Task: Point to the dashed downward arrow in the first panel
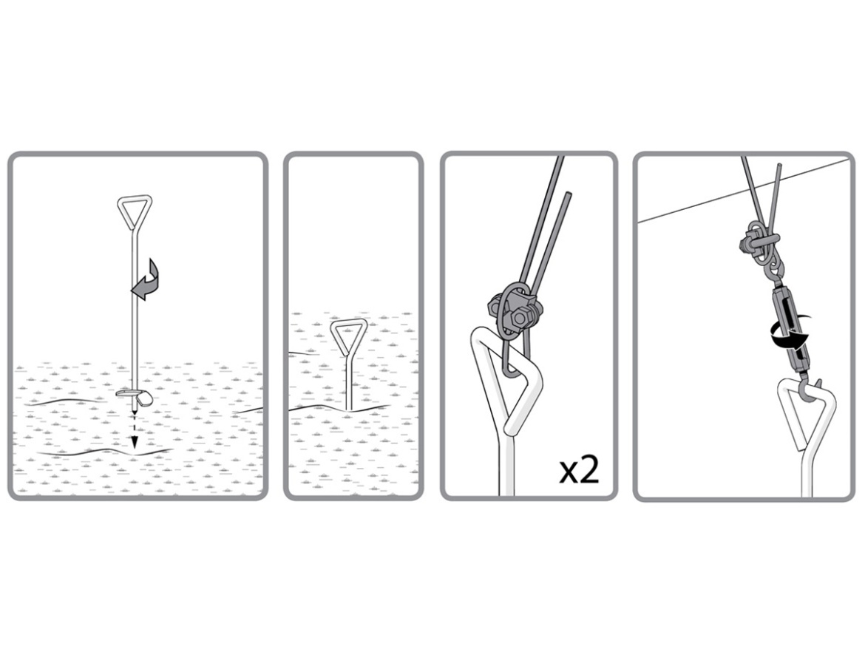tap(134, 430)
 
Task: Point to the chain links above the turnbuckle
tap(770, 268)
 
